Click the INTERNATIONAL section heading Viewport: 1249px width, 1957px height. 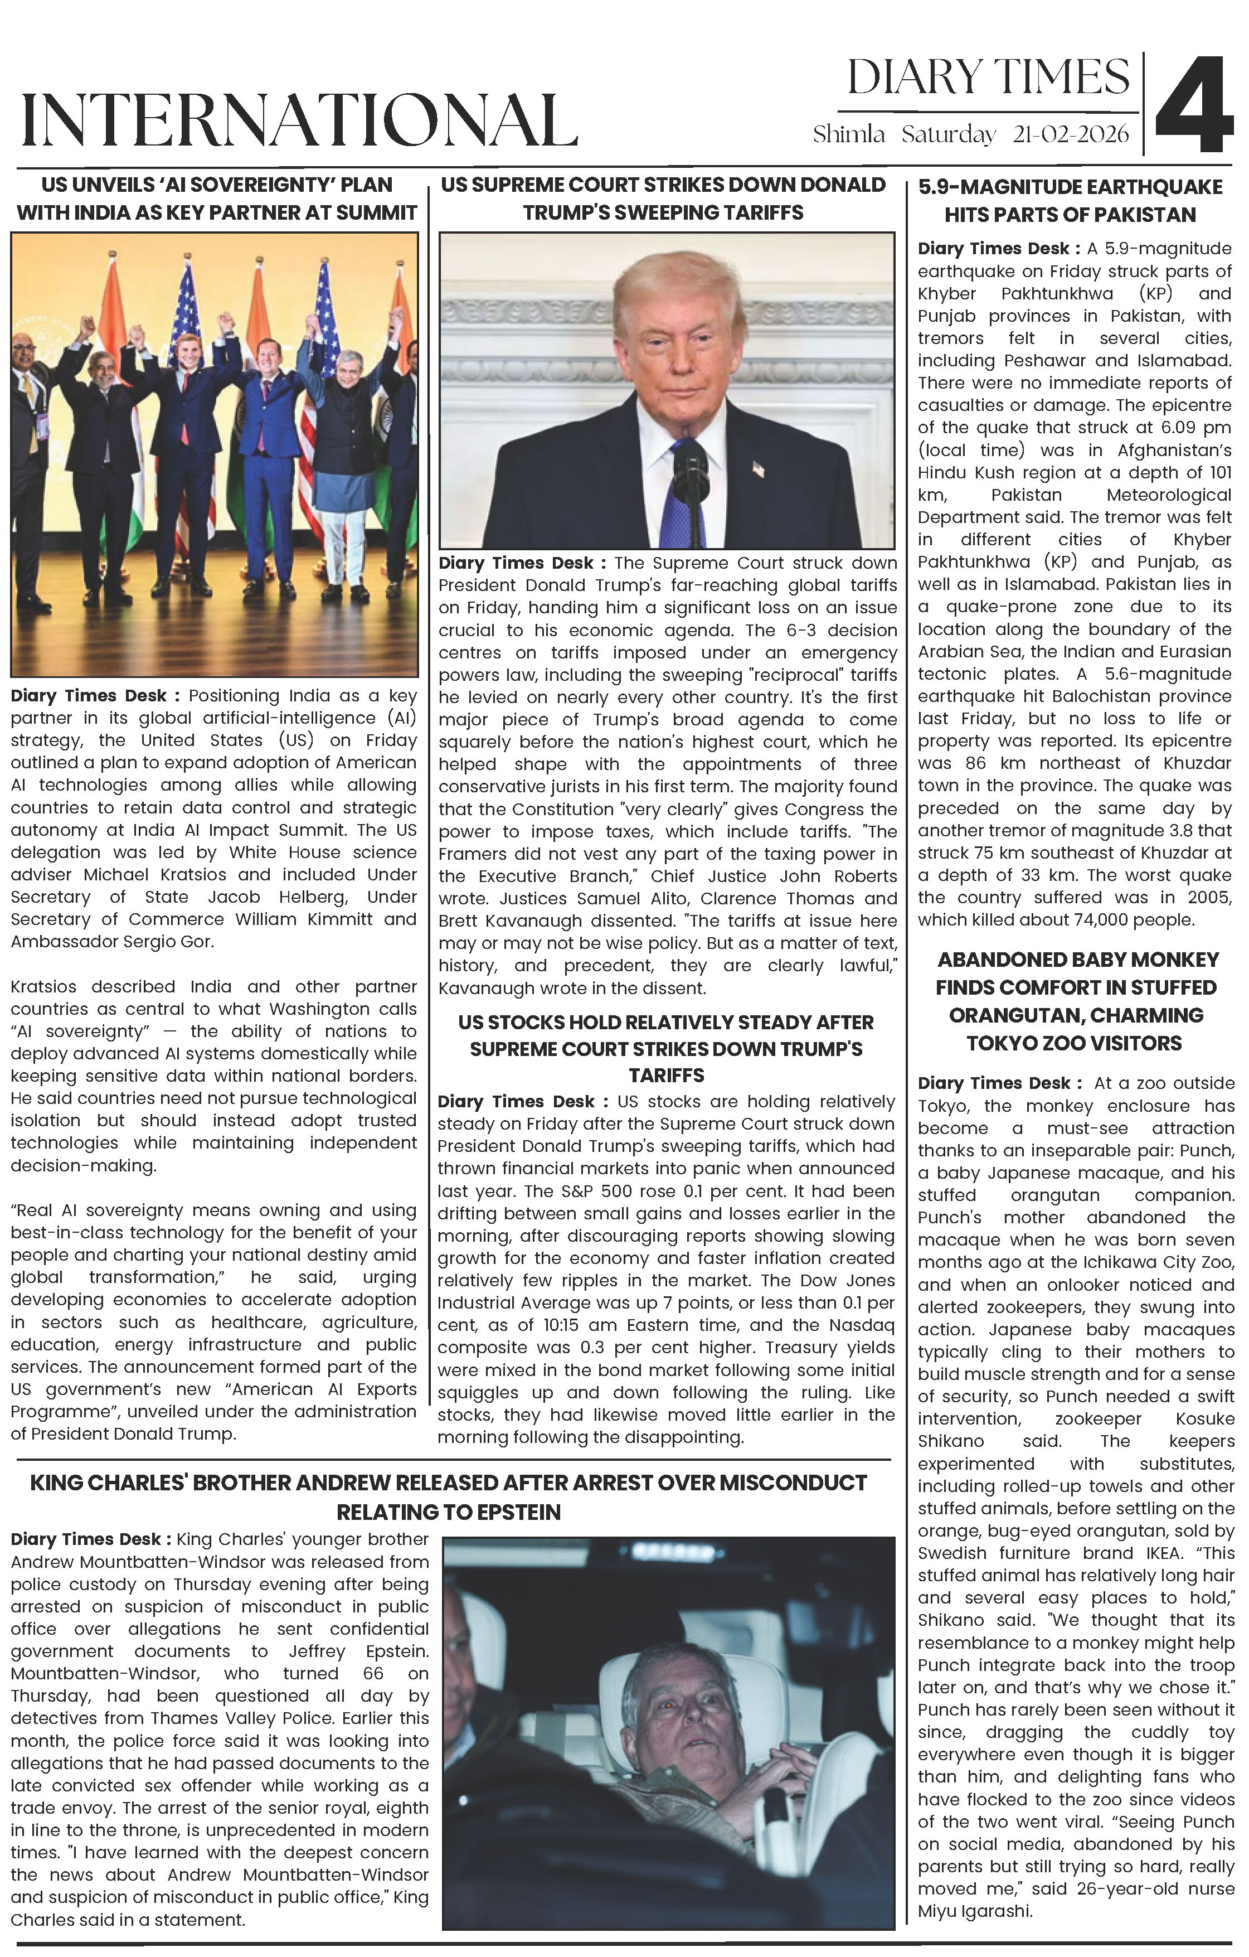click(x=299, y=120)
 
